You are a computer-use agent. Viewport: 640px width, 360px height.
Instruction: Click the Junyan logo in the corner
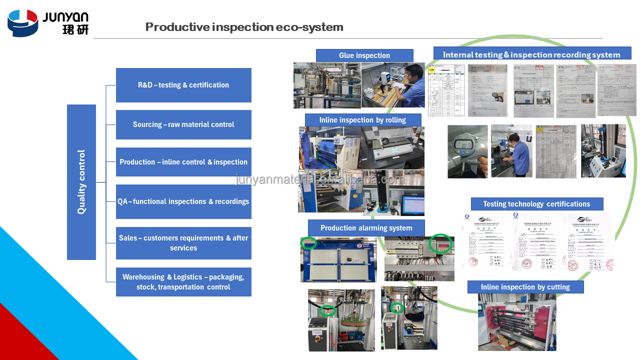coord(48,23)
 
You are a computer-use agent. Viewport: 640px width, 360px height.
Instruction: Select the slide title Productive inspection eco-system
coord(244,27)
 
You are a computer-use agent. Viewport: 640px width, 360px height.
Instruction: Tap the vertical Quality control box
coord(81,182)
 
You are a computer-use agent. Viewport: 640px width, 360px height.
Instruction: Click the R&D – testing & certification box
coord(183,85)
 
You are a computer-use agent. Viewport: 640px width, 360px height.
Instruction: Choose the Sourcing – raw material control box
coord(183,124)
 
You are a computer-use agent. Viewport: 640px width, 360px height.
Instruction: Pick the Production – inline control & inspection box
coord(183,162)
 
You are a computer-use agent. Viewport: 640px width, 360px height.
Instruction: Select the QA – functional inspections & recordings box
coord(183,201)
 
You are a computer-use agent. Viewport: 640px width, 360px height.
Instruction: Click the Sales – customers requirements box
coord(183,243)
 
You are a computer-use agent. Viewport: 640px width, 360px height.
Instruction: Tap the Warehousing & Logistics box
coord(183,282)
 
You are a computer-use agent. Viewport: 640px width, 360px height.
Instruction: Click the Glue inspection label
coord(364,55)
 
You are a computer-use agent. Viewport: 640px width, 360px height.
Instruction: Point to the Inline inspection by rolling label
coord(363,120)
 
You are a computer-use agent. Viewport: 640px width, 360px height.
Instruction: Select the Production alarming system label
coord(366,228)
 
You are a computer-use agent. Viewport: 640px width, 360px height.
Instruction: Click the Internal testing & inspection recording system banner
coord(531,54)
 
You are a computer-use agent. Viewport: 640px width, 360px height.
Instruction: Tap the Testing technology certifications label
coord(536,204)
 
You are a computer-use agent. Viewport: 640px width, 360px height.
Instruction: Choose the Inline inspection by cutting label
coord(525,287)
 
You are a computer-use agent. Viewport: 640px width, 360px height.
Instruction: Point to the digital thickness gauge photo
coord(467,151)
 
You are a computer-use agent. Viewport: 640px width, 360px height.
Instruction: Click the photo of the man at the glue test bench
coord(393,85)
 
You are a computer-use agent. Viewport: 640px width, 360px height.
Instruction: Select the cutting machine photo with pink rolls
coord(517,322)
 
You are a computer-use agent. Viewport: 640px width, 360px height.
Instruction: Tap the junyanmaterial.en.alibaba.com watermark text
coord(320,179)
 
